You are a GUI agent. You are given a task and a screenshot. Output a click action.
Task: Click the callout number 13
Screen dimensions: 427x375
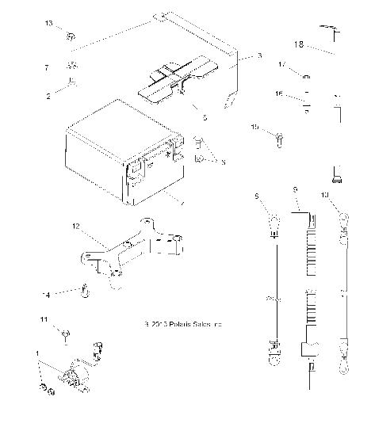point(48,25)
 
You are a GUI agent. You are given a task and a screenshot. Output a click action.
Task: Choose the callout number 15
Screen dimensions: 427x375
point(255,128)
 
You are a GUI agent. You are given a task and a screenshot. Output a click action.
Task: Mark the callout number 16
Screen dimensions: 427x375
point(300,93)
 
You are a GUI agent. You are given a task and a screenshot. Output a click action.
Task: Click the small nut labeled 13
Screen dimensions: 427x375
point(71,35)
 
